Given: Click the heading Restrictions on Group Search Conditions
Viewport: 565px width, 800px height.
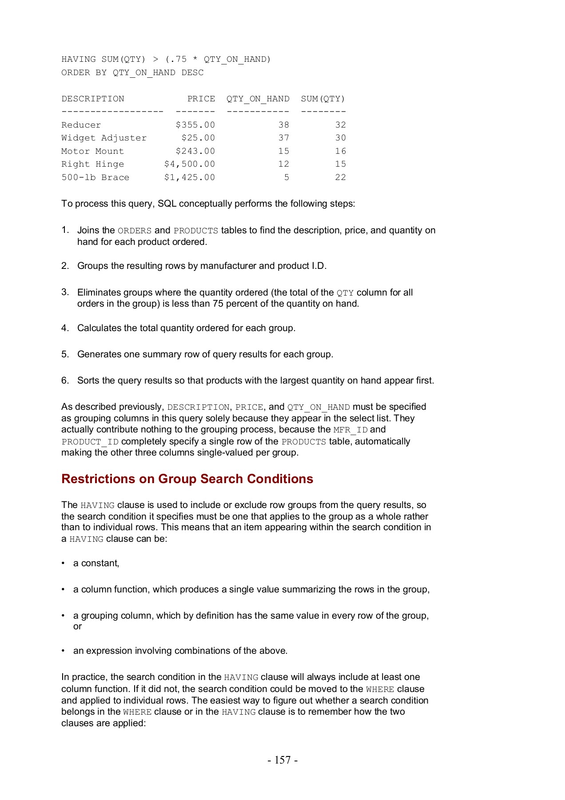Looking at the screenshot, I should (187, 479).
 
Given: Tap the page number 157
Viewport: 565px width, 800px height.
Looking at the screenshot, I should (282, 760).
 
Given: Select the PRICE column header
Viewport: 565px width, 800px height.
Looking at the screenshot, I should (201, 99).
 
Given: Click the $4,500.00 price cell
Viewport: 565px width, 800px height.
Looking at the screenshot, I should (190, 164).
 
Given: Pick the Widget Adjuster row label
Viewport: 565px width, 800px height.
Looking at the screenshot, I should (104, 138).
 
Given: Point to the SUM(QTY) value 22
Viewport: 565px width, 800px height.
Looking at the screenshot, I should (340, 177).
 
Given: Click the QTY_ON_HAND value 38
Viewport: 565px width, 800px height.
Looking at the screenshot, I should (283, 125).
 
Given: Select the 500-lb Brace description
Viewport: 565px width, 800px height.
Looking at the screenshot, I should (95, 177).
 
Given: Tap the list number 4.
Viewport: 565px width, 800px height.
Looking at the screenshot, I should (65, 328).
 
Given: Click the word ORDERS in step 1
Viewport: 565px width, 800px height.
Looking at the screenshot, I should (135, 231).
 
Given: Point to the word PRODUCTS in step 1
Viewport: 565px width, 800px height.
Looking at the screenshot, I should (196, 231).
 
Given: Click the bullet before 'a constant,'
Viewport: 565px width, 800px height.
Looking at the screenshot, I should (64, 564).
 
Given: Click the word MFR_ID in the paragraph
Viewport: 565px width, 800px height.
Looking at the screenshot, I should (350, 430).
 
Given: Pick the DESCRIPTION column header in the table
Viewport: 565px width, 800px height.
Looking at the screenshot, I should (93, 99).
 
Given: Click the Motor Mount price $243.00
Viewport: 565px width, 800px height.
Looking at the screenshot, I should (195, 151).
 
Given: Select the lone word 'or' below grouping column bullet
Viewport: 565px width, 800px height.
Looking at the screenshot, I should (77, 626).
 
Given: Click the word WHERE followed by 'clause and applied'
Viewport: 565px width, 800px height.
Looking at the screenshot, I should (380, 689).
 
